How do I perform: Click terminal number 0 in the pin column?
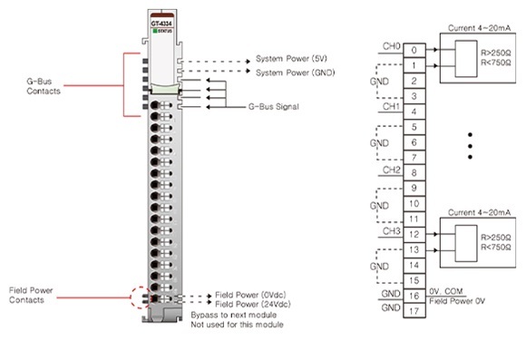tap(414, 50)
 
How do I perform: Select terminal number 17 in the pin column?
tap(414, 310)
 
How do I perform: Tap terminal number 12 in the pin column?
tap(414, 233)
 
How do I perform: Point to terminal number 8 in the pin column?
tap(414, 172)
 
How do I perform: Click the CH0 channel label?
tap(391, 45)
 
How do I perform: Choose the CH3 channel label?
tap(391, 229)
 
